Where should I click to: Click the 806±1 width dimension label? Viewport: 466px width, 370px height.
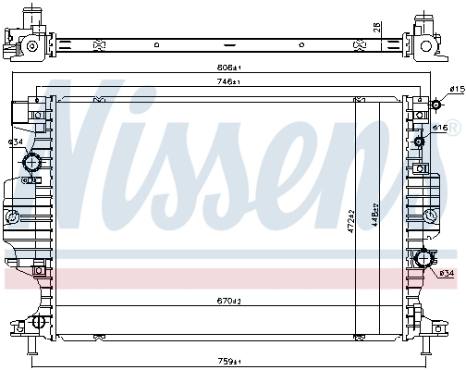point(229,68)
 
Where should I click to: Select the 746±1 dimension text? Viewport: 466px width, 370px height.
point(229,82)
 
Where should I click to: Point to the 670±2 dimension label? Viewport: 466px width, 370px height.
point(229,301)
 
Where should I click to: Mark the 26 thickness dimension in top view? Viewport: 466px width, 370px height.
point(376,28)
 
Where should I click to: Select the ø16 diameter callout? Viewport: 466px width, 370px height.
point(441,128)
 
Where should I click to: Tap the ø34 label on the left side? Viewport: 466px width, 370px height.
point(15,142)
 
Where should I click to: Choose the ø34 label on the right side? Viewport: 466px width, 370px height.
point(446,273)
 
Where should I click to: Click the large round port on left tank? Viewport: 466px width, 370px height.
point(32,164)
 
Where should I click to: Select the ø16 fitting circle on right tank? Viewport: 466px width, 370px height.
point(421,142)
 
